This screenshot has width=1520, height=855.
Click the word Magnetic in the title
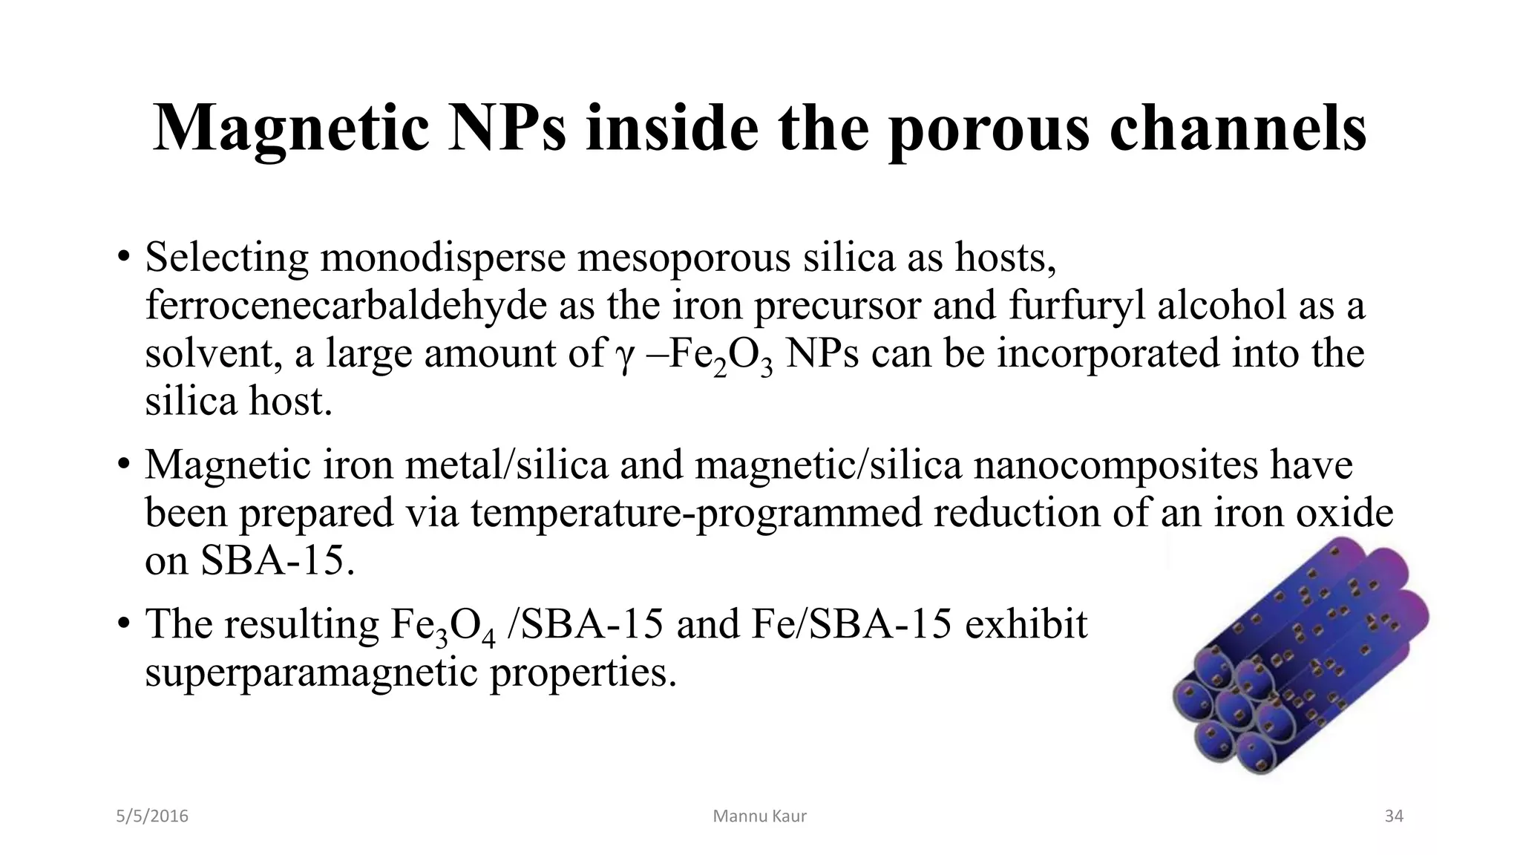291,128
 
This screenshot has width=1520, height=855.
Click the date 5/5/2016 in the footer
152,816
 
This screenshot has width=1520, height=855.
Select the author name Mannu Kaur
759,816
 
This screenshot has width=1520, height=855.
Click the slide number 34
1394,816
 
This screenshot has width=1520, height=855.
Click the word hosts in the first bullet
1003,258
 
